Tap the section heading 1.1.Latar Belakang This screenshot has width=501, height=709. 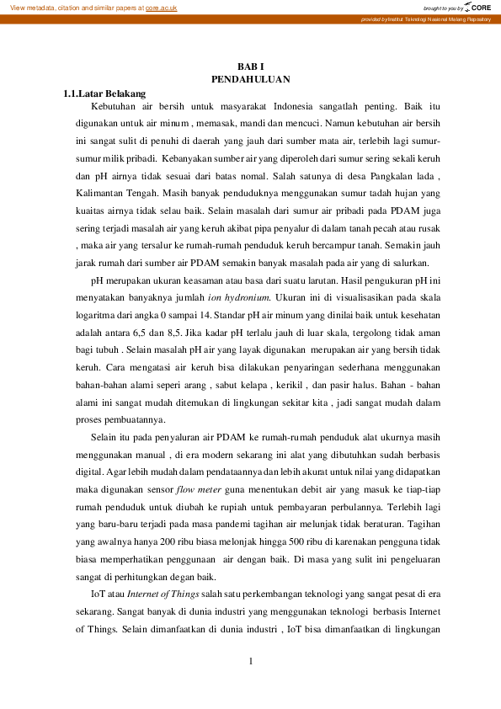[111, 93]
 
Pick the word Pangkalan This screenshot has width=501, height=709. [371, 176]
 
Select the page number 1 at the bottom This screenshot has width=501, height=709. [250, 660]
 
